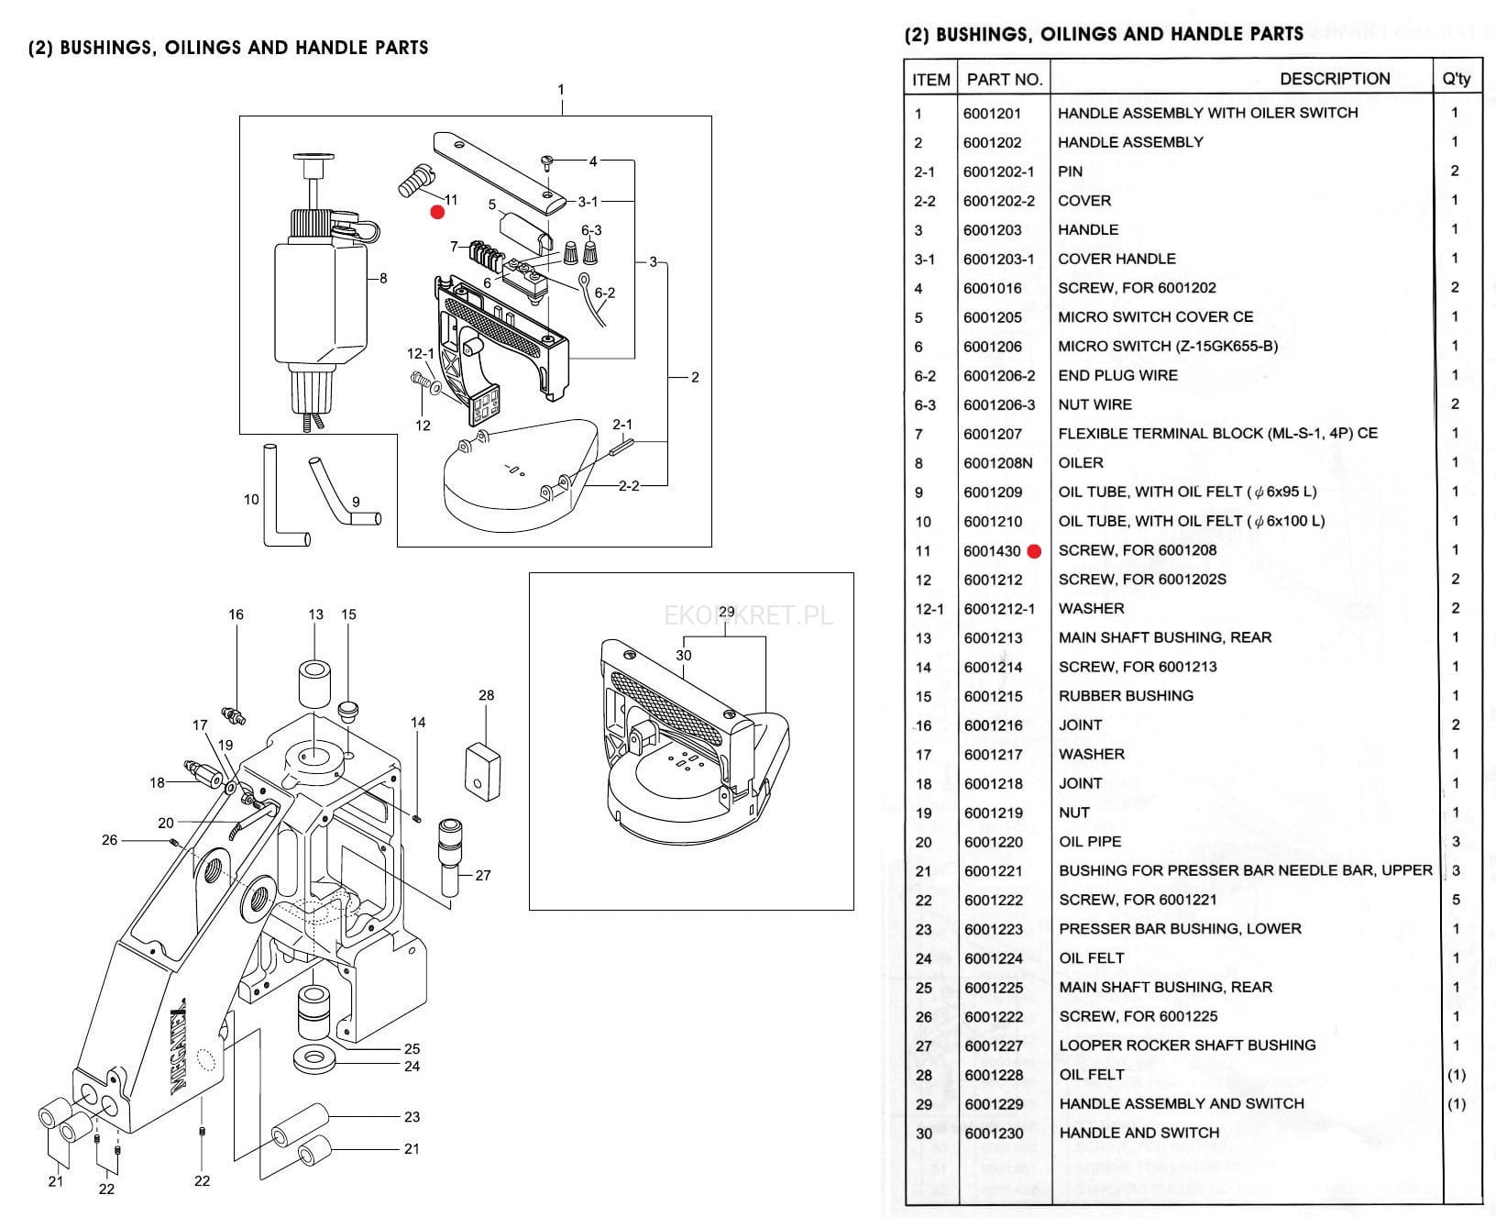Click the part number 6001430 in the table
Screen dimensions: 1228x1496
[992, 551]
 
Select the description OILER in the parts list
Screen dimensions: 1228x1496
[1081, 463]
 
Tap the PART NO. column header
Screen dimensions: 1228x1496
[1005, 79]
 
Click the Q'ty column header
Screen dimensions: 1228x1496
[1456, 79]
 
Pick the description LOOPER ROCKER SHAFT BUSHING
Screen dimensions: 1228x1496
[1187, 1045]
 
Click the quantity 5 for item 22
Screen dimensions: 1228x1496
[1456, 900]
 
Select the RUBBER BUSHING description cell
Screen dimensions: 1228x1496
[1126, 696]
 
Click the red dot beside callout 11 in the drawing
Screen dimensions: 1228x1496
[437, 213]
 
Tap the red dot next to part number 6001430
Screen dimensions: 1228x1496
[1034, 551]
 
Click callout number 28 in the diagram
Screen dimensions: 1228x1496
[486, 695]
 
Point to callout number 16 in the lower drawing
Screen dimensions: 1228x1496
[236, 614]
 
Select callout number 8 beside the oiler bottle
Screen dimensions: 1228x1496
[383, 278]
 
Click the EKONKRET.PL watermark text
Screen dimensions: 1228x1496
[749, 615]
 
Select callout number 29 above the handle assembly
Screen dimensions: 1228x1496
[727, 612]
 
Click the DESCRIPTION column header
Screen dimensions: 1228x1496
[1334, 79]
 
